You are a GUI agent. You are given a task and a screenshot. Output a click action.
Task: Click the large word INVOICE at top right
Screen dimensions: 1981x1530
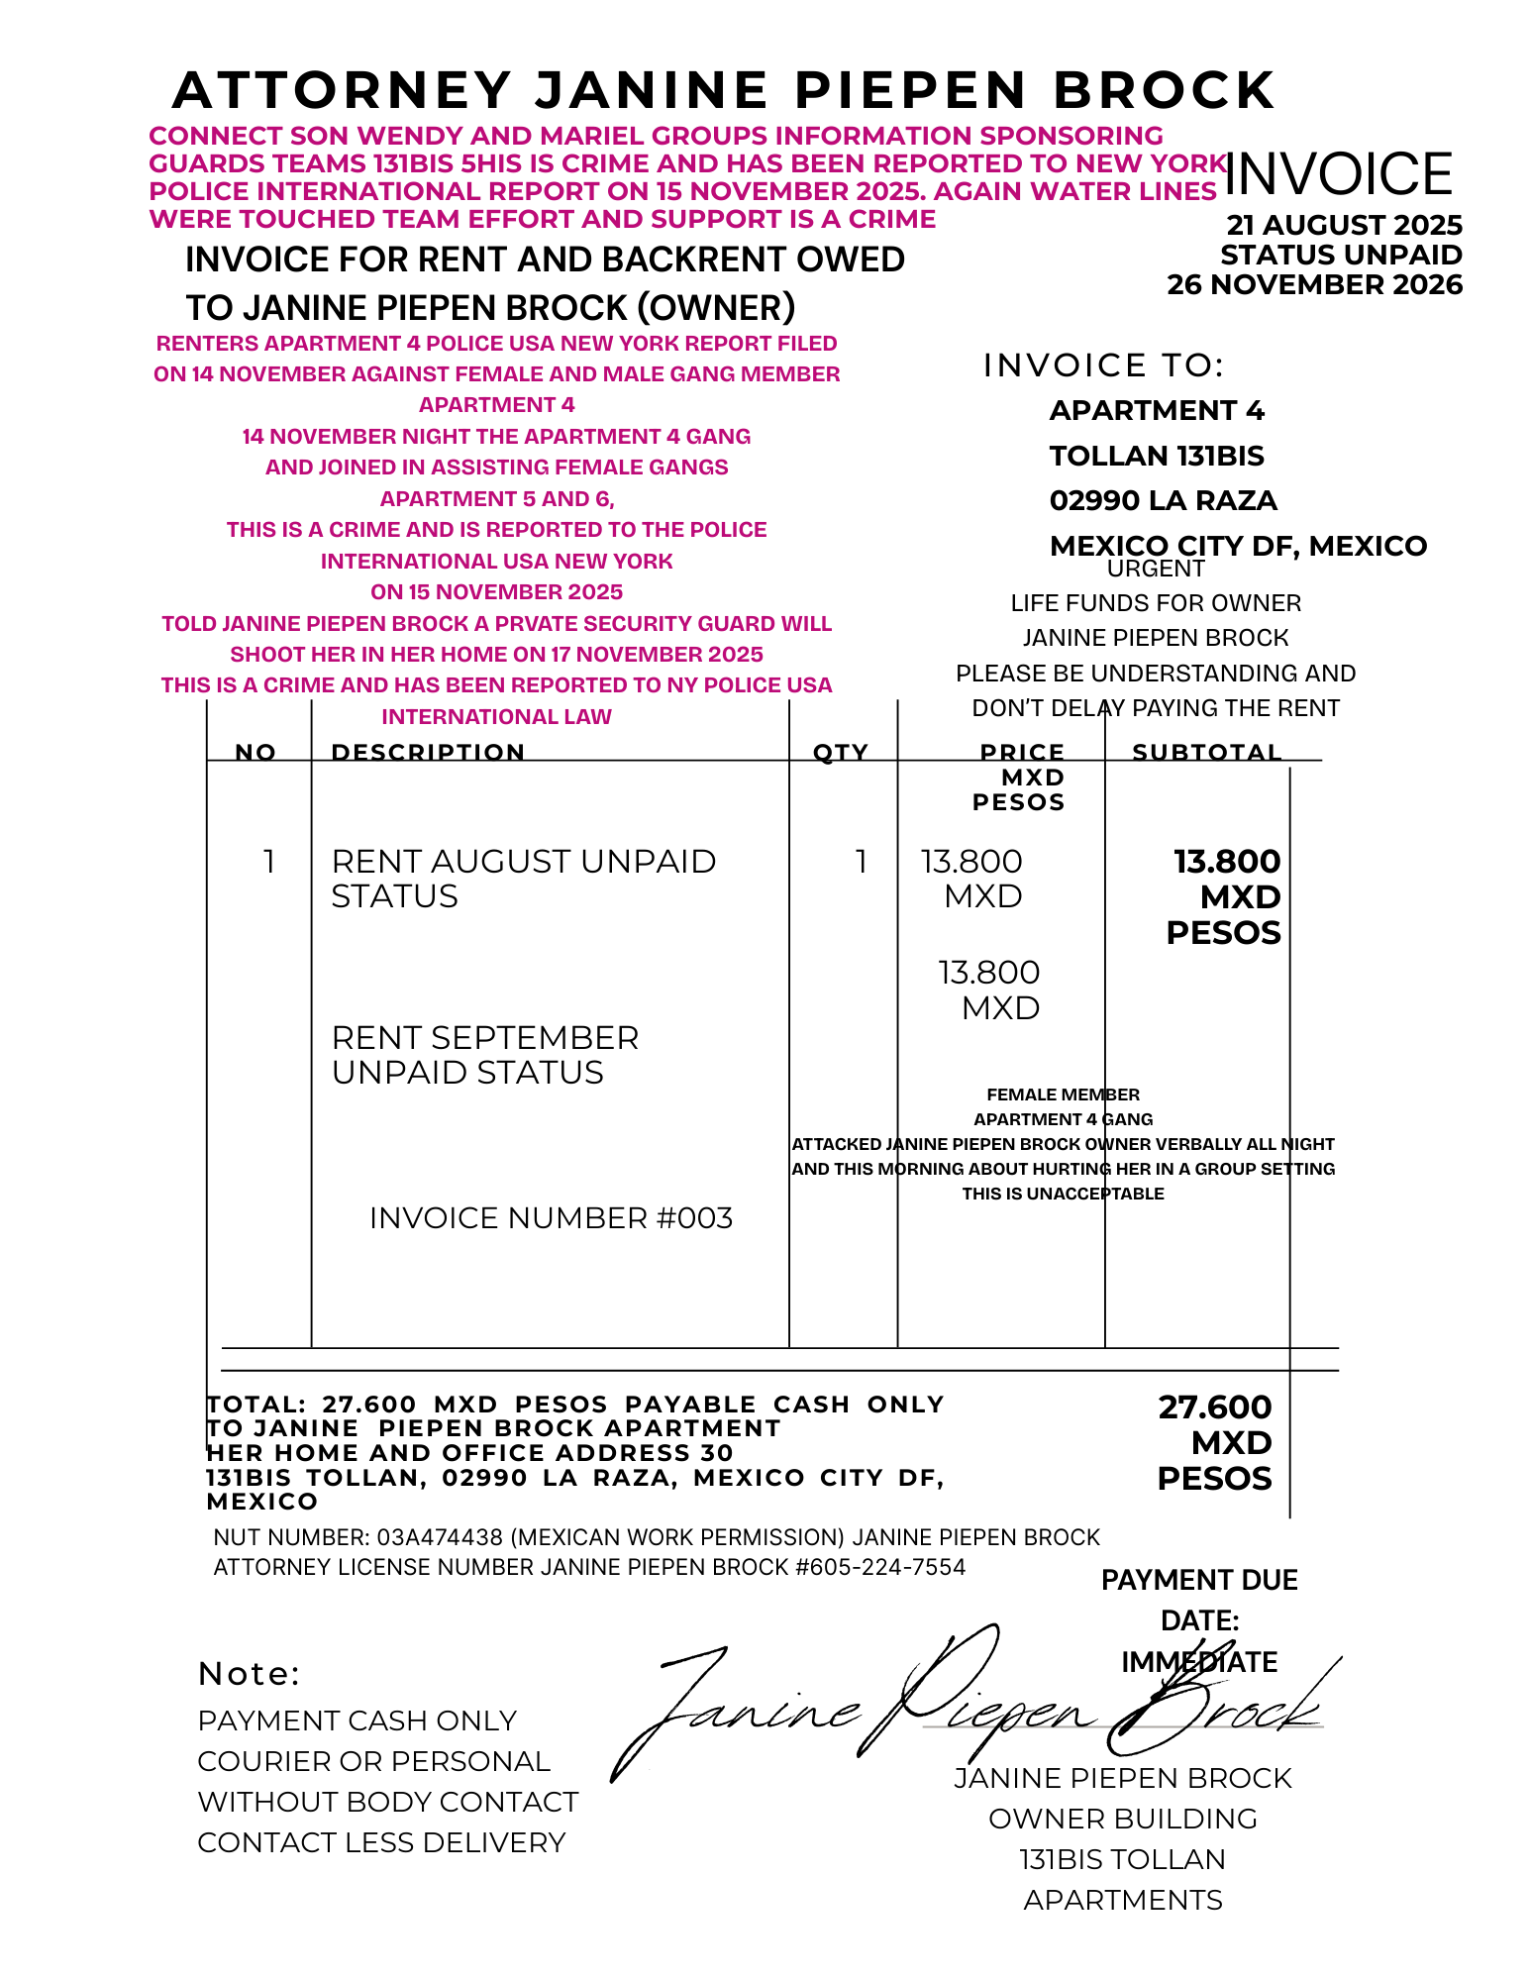(1338, 174)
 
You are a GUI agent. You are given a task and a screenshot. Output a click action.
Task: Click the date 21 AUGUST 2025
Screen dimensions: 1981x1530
(1344, 226)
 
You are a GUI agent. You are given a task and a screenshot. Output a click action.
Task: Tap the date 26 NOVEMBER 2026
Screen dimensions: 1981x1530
(1314, 285)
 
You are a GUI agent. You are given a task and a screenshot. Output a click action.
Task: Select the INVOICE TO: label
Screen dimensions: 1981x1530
(1103, 365)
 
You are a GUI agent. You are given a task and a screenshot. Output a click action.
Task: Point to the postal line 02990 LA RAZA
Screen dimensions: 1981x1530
(1163, 500)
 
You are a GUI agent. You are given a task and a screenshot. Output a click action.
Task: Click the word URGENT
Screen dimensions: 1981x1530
(1156, 569)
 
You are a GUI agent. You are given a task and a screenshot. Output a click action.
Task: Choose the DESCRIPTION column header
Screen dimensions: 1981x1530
(428, 752)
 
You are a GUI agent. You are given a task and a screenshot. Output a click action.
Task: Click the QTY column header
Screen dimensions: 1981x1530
(840, 752)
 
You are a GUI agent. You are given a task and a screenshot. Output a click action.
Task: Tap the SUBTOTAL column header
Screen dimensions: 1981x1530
(1206, 752)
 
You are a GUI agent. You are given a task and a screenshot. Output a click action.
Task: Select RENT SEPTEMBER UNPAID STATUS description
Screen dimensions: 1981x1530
(485, 1055)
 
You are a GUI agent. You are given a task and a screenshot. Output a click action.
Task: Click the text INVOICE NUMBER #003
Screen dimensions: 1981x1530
(551, 1217)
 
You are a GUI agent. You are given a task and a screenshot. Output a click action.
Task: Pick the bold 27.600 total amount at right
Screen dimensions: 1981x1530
(1215, 1408)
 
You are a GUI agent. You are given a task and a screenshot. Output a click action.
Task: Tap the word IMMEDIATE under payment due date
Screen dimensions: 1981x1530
(1199, 1662)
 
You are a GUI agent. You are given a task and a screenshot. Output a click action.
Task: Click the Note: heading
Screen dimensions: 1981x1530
(250, 1674)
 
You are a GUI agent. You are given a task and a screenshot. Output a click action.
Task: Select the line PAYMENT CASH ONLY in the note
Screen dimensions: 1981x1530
(357, 1720)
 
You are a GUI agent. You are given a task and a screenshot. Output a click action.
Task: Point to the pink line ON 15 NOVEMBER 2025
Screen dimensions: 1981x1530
(496, 592)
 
